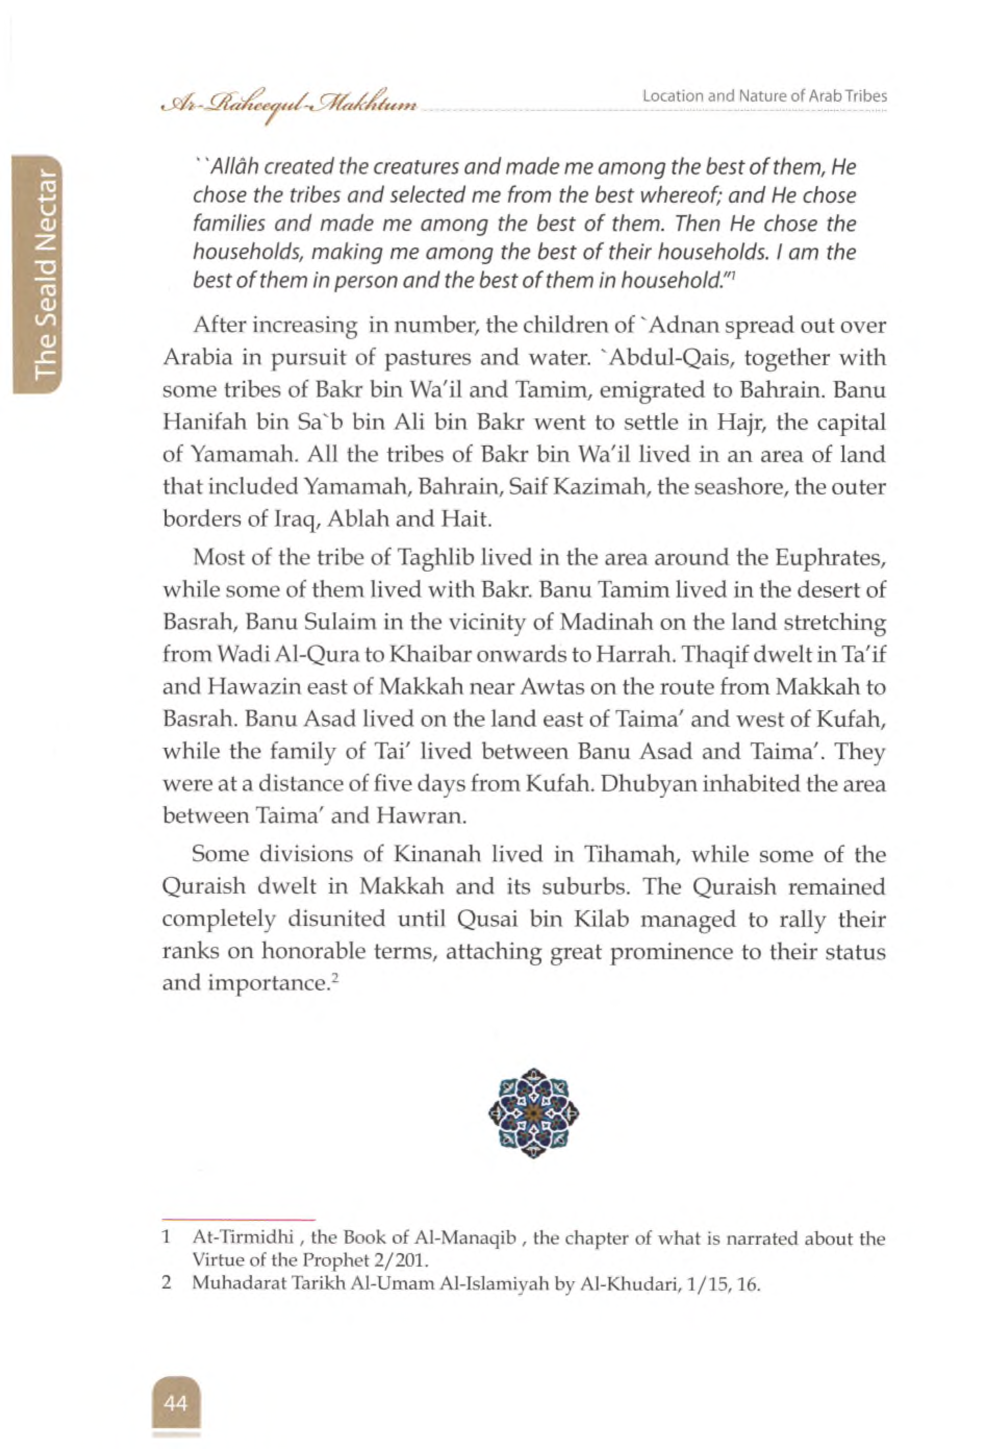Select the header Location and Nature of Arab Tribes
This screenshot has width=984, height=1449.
coord(765,96)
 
